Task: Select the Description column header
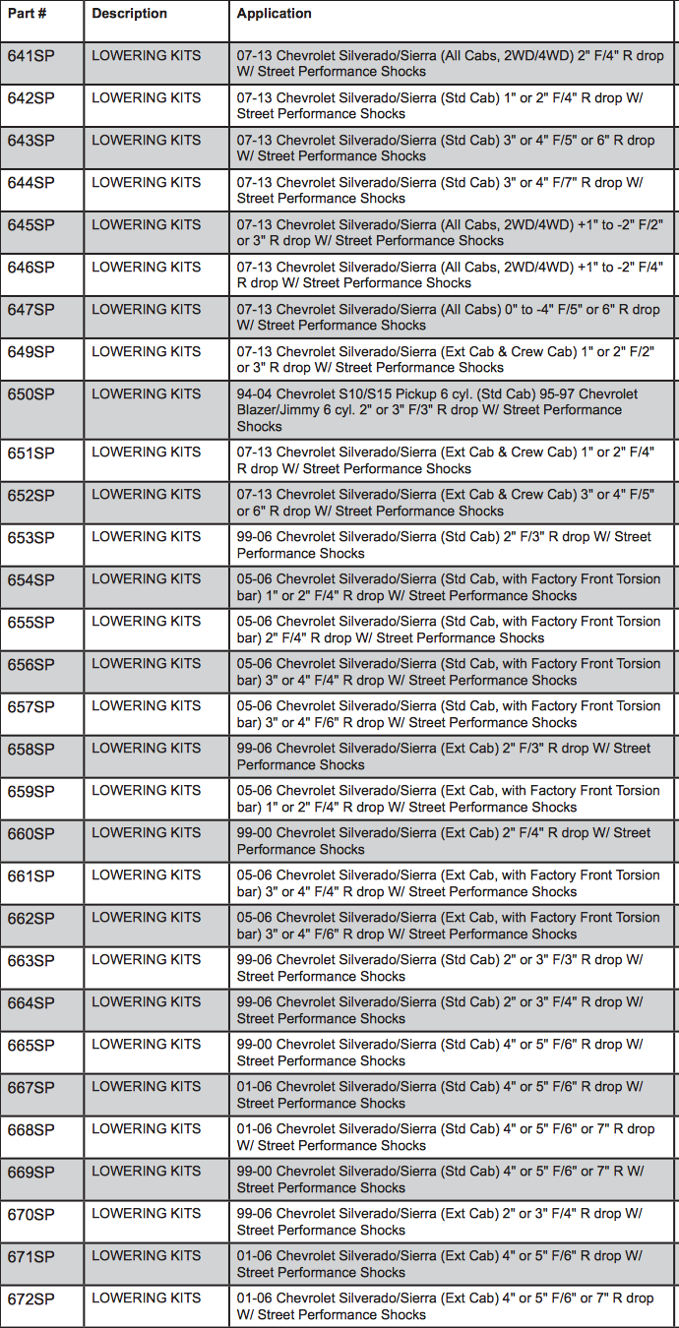pos(129,14)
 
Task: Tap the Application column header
pos(275,14)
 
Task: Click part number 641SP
pos(31,56)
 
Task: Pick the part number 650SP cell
pos(31,394)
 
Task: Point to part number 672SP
pos(31,1298)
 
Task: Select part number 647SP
pos(31,310)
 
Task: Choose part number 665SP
pos(31,1045)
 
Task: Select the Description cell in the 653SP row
pos(146,537)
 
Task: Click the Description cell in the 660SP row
pos(146,833)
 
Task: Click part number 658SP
pos(31,749)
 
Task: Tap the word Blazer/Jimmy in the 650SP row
pos(278,410)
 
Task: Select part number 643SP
pos(31,141)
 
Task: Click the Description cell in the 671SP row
pos(146,1256)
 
